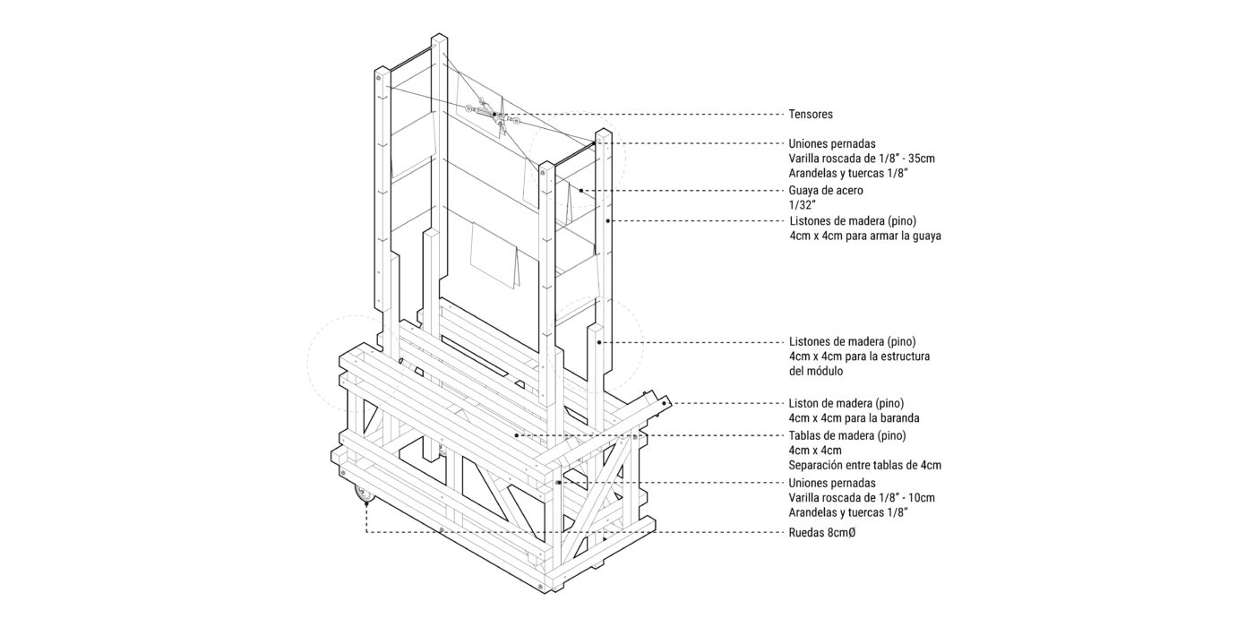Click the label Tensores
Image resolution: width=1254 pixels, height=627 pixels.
tap(811, 115)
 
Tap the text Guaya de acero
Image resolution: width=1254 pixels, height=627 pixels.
tap(826, 190)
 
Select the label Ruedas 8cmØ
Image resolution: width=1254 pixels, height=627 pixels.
tap(822, 533)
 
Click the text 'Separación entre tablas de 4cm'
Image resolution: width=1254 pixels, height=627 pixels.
tap(865, 465)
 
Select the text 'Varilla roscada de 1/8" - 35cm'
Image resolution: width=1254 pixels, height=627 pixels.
tap(862, 159)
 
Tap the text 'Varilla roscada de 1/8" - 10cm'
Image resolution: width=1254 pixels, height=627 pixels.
tap(862, 498)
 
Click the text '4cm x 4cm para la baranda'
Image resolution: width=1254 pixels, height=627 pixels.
tap(854, 418)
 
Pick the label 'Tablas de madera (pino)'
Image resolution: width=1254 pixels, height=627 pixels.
tap(847, 435)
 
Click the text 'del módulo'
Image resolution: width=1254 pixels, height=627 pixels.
tap(816, 371)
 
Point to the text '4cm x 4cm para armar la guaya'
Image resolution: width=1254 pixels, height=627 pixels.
tap(865, 236)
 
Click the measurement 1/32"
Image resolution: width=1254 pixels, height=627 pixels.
tap(801, 205)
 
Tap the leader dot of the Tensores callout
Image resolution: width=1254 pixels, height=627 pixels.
tap(494, 115)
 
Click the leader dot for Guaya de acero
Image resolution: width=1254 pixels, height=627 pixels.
tap(581, 190)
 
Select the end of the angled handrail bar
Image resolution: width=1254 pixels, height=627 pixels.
tap(665, 402)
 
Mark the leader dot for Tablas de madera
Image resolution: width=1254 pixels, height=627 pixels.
tap(516, 435)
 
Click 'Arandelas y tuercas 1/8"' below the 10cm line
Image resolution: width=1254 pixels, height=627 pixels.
tap(848, 512)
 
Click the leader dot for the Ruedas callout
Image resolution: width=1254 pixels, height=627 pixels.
tap(366, 503)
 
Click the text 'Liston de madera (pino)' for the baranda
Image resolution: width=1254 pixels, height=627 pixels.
tap(846, 404)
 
